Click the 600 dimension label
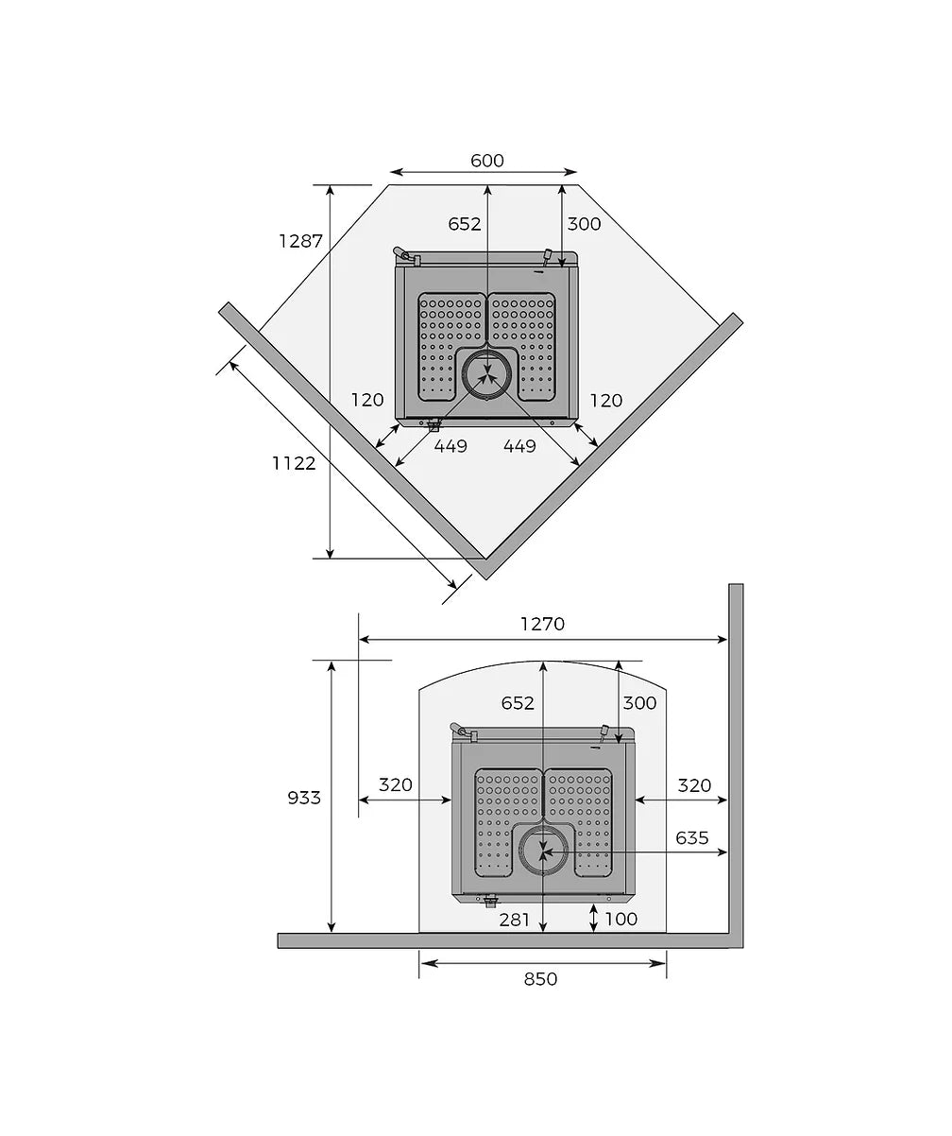click(x=486, y=161)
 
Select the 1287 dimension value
click(x=300, y=240)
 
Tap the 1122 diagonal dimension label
click(x=294, y=463)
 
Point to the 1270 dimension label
click(x=543, y=624)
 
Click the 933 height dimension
click(x=304, y=798)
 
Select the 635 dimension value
click(x=691, y=838)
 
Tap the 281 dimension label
click(x=514, y=920)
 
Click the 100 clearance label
click(x=620, y=919)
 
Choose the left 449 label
click(x=450, y=446)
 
